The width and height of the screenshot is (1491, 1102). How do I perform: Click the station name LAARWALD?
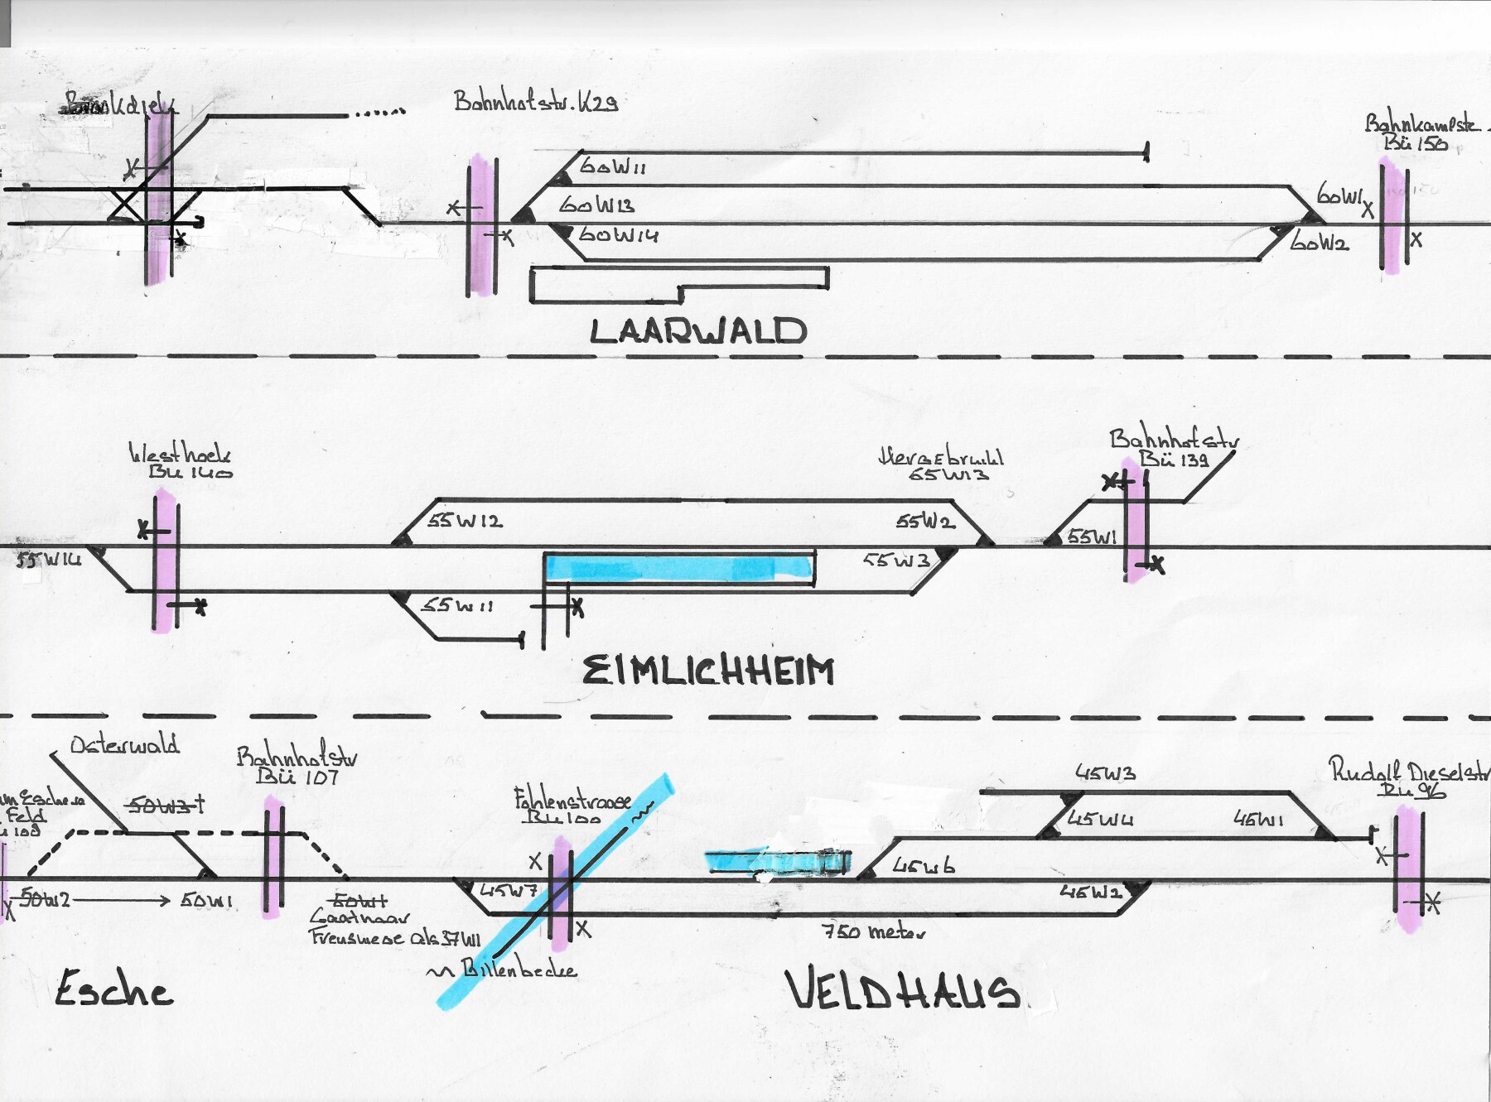(x=697, y=331)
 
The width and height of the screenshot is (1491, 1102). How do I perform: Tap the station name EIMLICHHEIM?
(x=708, y=671)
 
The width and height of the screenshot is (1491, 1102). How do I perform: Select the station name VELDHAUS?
(x=903, y=990)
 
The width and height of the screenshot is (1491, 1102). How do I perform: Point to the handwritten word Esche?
(x=113, y=989)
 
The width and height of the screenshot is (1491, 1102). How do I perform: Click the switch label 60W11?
(x=612, y=166)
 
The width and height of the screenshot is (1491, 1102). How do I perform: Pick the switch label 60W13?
(x=596, y=205)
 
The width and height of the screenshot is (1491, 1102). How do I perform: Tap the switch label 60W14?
(x=618, y=235)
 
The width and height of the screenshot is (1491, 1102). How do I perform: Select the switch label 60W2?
(x=1320, y=242)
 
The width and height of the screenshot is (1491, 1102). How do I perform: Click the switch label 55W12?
(x=465, y=522)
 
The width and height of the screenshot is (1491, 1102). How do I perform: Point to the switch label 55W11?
(x=457, y=605)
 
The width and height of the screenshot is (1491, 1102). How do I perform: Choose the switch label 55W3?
(x=897, y=561)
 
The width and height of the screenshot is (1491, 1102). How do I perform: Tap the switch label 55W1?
(x=1092, y=537)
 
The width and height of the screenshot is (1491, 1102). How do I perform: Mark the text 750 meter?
(x=873, y=931)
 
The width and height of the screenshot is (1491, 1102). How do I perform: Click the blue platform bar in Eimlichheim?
(x=678, y=568)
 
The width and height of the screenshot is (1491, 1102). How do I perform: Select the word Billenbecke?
(x=518, y=969)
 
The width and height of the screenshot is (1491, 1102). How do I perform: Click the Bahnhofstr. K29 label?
(x=536, y=102)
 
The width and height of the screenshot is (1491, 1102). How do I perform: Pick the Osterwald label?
(x=125, y=745)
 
